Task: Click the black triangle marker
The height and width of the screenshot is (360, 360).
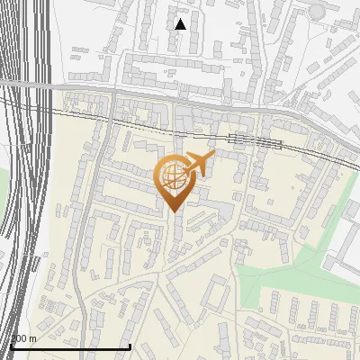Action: [x=180, y=24]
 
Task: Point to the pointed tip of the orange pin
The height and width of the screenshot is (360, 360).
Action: [x=172, y=211]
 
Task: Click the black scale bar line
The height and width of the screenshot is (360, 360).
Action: [x=70, y=346]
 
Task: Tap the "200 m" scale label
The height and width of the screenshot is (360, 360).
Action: [x=23, y=338]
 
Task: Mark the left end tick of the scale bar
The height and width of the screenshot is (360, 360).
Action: [x=10, y=345]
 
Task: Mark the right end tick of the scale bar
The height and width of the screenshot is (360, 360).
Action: [x=130, y=345]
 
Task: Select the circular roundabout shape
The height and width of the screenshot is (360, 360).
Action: [x=317, y=11]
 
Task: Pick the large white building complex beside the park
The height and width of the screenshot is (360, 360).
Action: [x=346, y=243]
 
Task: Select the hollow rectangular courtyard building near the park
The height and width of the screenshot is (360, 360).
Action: [x=215, y=293]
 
